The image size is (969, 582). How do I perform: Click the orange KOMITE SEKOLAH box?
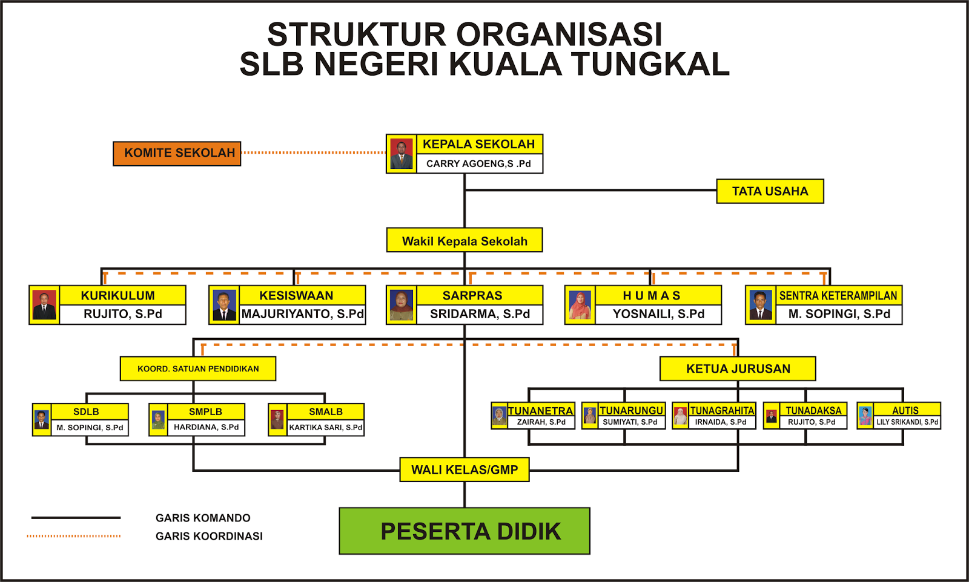click(177, 154)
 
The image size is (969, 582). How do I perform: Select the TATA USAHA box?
click(770, 191)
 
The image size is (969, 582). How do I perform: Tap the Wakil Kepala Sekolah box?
click(465, 241)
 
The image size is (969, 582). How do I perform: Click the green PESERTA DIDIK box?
click(465, 531)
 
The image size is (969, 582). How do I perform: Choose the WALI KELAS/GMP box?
click(465, 469)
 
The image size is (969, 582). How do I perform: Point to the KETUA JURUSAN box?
click(738, 368)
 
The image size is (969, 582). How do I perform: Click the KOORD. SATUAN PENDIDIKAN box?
click(198, 368)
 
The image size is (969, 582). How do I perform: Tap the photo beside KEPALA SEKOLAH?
click(402, 154)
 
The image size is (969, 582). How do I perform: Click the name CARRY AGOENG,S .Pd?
click(478, 163)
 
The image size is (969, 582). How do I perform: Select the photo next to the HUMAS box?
click(580, 306)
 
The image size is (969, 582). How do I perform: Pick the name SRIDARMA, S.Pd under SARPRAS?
click(480, 314)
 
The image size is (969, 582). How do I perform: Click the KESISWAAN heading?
click(296, 295)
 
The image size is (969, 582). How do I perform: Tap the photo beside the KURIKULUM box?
click(44, 306)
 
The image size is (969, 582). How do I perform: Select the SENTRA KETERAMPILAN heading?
click(838, 295)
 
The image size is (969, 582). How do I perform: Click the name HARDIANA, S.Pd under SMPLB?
click(206, 427)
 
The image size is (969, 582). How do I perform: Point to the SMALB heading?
click(326, 411)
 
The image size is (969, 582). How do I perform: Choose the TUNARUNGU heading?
click(632, 410)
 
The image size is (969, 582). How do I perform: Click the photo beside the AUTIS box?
click(865, 416)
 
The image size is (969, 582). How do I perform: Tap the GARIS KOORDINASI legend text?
click(209, 536)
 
